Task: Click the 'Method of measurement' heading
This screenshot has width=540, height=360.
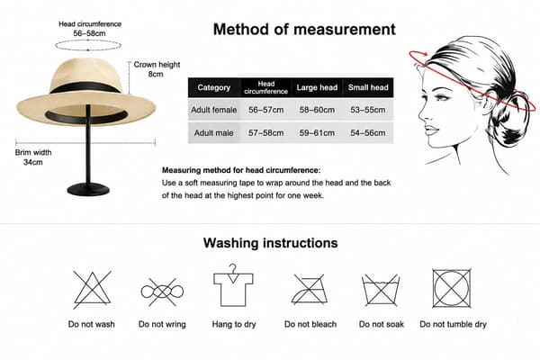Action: [x=304, y=30]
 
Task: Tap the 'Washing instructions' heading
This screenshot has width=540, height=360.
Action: [x=270, y=243]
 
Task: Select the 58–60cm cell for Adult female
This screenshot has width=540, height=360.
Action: [x=317, y=110]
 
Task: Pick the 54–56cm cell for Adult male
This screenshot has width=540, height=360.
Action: [x=368, y=133]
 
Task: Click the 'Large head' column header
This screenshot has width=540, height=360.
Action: [x=317, y=87]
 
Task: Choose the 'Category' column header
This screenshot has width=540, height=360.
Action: [x=214, y=87]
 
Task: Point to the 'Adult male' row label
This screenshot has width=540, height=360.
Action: [x=213, y=133]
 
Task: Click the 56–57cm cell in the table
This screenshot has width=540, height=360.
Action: [x=265, y=110]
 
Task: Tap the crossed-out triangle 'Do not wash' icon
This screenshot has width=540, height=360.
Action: [x=92, y=290]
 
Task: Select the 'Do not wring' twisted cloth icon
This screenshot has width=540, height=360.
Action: [x=162, y=292]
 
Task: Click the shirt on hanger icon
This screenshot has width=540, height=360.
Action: [x=233, y=285]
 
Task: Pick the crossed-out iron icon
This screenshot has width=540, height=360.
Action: [x=309, y=290]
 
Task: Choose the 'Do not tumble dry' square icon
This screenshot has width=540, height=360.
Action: [x=452, y=288]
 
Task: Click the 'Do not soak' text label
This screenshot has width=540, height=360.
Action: [x=382, y=324]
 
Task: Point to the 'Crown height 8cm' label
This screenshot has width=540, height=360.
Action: [x=157, y=69]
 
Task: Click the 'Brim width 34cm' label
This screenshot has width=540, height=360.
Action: [x=33, y=157]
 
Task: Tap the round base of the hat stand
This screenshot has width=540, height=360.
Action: [x=88, y=190]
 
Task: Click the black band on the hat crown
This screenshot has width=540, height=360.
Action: [x=85, y=87]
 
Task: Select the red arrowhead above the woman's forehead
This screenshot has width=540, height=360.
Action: [x=425, y=54]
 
